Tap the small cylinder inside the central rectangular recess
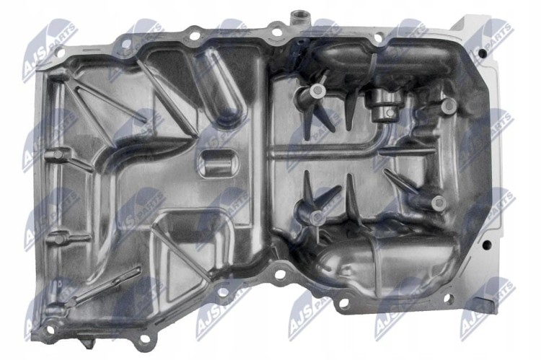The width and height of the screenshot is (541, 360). [218, 166]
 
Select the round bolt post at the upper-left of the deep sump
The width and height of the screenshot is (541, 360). [317, 90]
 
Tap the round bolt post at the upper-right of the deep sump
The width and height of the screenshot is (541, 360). [449, 105]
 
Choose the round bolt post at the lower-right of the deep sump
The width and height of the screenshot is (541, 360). [438, 203]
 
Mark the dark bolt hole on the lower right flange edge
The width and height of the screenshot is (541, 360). [486, 245]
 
